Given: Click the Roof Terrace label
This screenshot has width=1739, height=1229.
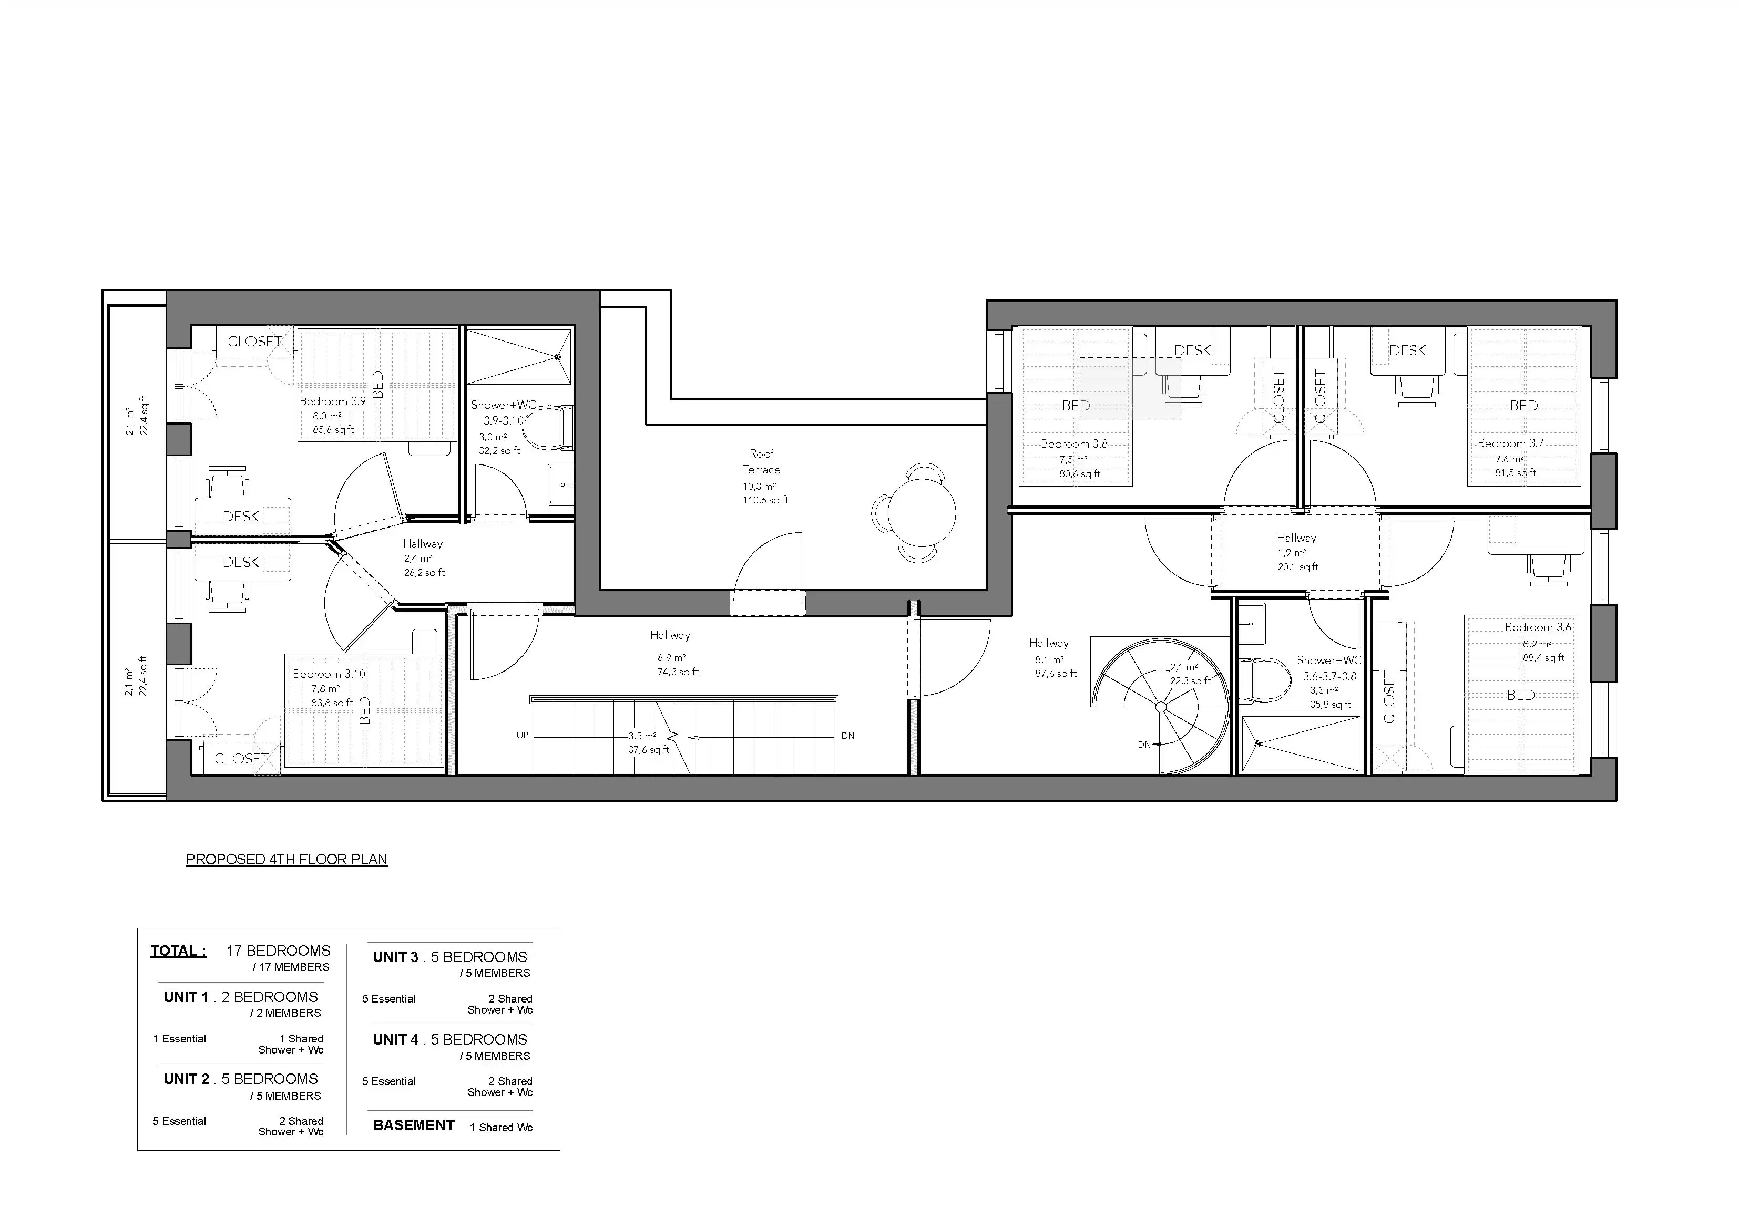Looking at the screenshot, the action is pyautogui.click(x=761, y=462).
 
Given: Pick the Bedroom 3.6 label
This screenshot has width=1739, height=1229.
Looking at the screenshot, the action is pyautogui.click(x=1538, y=627).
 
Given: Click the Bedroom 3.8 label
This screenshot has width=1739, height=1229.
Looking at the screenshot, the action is pyautogui.click(x=1074, y=444).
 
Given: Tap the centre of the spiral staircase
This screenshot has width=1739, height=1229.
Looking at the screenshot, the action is pyautogui.click(x=1161, y=707).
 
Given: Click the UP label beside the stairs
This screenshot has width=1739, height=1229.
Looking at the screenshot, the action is pyautogui.click(x=522, y=735).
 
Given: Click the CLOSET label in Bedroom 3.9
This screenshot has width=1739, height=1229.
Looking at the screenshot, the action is pyautogui.click(x=254, y=342).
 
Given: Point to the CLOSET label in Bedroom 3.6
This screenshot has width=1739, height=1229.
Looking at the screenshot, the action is pyautogui.click(x=1388, y=697).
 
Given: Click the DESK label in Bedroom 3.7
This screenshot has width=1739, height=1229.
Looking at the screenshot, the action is pyautogui.click(x=1407, y=350).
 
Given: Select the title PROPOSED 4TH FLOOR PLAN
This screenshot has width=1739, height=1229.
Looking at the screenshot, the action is pyautogui.click(x=287, y=860).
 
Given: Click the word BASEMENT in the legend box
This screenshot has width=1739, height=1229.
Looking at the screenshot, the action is pyautogui.click(x=414, y=1125).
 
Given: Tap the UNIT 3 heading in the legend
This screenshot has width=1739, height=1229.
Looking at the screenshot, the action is pyautogui.click(x=395, y=957).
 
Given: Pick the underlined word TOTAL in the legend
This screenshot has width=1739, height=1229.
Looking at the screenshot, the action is pyautogui.click(x=178, y=951).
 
